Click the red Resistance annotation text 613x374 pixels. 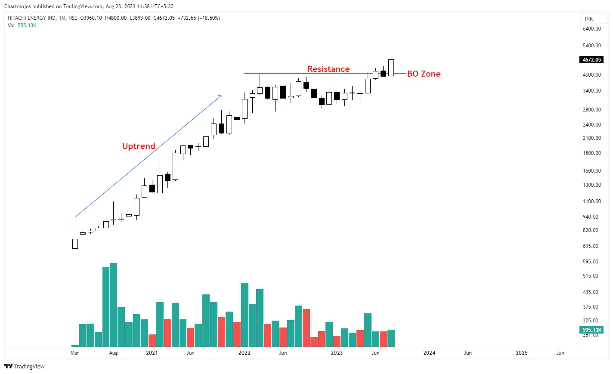(328, 69)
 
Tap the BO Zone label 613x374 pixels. (424, 74)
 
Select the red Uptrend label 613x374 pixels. (139, 146)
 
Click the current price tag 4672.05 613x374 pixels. (591, 60)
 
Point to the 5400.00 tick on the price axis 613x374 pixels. (591, 46)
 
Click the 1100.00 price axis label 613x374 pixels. (591, 201)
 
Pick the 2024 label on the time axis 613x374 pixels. (429, 353)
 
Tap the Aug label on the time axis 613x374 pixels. (113, 353)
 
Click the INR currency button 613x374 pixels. (588, 19)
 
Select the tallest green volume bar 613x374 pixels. (113, 305)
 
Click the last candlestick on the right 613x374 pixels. (391, 68)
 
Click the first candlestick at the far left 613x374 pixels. (75, 244)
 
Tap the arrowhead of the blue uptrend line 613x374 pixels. (221, 96)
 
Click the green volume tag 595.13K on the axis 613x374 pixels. (591, 330)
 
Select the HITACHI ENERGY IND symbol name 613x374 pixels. (31, 18)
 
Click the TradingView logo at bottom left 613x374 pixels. (25, 366)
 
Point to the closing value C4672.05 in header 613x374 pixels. (164, 18)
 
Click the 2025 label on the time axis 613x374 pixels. (521, 353)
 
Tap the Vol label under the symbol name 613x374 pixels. (11, 25)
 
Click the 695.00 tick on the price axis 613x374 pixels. (590, 246)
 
